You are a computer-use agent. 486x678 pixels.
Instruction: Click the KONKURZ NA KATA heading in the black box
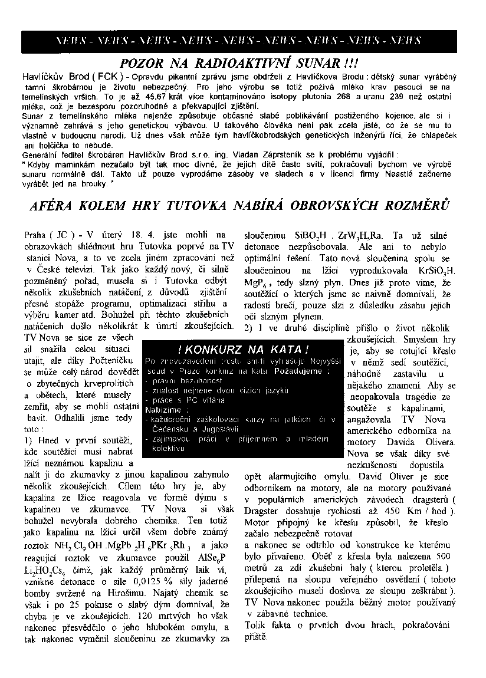[243, 349]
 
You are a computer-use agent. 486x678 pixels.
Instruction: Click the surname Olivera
[435, 442]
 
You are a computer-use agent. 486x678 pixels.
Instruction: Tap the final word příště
[257, 637]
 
